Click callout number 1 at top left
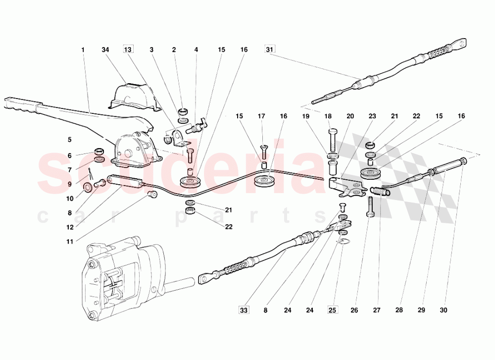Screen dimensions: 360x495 (83, 50)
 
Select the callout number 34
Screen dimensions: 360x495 (105, 50)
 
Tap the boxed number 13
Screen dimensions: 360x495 (128, 50)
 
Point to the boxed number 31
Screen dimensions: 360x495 (269, 50)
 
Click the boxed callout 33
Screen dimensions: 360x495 (244, 311)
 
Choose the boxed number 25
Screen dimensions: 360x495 (333, 311)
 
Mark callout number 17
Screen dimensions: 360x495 (262, 116)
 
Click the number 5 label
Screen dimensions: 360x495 (69, 140)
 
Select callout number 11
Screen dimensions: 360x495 (69, 242)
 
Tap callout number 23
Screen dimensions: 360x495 (372, 116)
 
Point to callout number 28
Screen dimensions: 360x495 (399, 311)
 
